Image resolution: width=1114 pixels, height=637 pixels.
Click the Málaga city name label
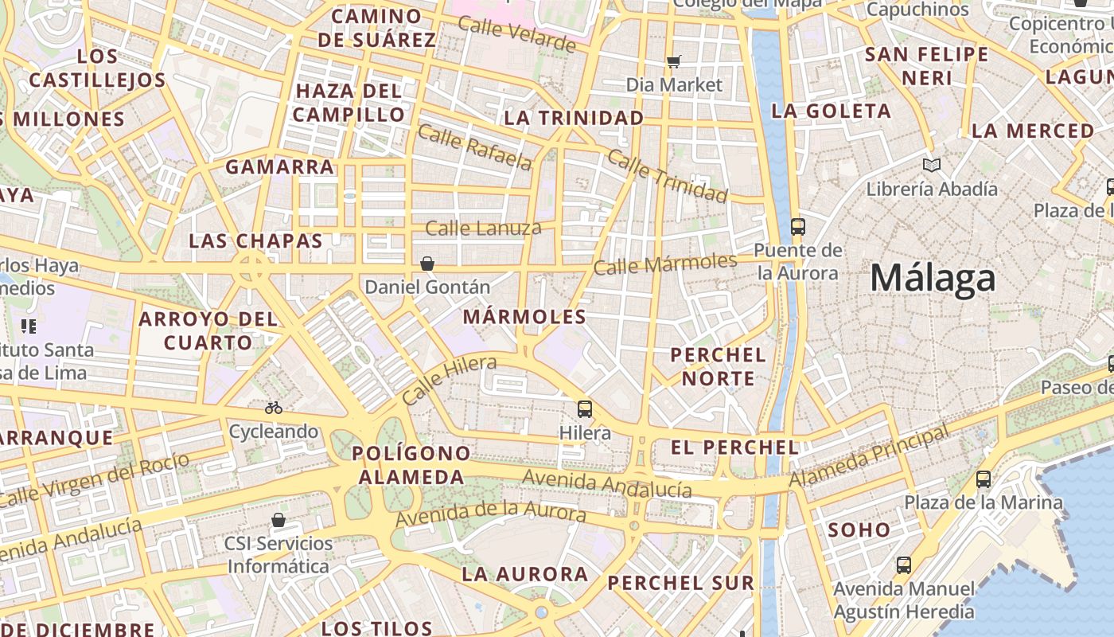933,279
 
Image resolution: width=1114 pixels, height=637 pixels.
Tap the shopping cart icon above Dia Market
674,61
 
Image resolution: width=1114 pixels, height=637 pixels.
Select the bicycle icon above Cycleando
274,408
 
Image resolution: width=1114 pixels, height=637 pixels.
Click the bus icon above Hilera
585,409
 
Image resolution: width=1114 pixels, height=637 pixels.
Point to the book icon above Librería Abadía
932,166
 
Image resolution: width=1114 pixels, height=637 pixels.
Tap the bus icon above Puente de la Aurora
798,227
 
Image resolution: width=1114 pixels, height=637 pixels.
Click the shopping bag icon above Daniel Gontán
427,263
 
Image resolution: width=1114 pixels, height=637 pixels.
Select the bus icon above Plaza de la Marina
984,479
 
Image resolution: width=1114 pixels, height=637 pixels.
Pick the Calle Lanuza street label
483,229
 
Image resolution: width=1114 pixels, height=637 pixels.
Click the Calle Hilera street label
449,380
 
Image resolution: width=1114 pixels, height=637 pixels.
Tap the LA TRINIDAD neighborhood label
574,118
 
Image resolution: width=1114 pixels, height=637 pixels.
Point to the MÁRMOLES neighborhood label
524,317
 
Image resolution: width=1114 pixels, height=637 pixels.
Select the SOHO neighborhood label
859,530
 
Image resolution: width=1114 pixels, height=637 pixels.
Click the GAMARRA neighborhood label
279,167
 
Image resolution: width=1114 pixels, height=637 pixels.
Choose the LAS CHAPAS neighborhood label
255,241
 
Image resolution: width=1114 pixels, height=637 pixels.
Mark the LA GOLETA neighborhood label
831,111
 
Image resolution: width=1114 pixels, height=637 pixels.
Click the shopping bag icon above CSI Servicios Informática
278,521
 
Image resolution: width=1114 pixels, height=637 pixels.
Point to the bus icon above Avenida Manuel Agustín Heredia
904,565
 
